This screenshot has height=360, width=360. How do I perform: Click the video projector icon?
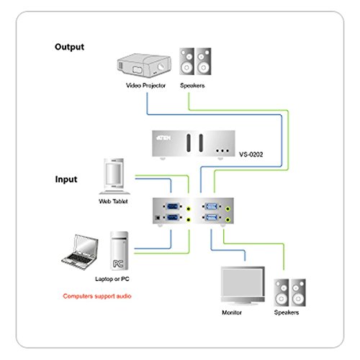pyautogui.click(x=144, y=66)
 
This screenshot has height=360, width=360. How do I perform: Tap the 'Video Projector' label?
pyautogui.click(x=145, y=86)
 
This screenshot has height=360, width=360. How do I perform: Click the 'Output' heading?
pyautogui.click(x=69, y=47)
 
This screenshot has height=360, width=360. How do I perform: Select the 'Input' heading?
pyautogui.click(x=66, y=179)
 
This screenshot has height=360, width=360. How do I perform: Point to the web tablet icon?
pyautogui.click(x=114, y=176)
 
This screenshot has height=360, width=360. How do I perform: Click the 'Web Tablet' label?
pyautogui.click(x=113, y=201)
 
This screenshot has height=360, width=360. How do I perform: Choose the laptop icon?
pyautogui.click(x=80, y=252)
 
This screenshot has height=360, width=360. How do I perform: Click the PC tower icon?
pyautogui.click(x=119, y=251)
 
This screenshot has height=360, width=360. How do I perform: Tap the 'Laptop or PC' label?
pyautogui.click(x=112, y=279)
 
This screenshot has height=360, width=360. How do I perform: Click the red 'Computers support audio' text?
pyautogui.click(x=97, y=296)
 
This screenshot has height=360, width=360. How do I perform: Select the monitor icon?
pyautogui.click(x=243, y=286)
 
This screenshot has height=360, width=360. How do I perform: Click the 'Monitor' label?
pyautogui.click(x=232, y=312)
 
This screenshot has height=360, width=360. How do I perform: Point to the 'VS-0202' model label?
pyautogui.click(x=251, y=154)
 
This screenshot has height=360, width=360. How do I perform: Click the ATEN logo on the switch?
pyautogui.click(x=163, y=138)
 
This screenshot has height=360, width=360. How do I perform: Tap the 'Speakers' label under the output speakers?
pyautogui.click(x=192, y=86)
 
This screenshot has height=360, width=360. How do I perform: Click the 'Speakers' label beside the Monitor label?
pyautogui.click(x=287, y=312)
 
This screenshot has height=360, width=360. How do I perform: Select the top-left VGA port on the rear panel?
pyautogui.click(x=172, y=207)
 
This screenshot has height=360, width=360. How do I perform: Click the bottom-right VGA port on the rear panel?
pyautogui.click(x=212, y=217)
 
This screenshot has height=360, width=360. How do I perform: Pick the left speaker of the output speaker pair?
pyautogui.click(x=186, y=61)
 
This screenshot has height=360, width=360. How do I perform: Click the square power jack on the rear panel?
pyautogui.click(x=158, y=217)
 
